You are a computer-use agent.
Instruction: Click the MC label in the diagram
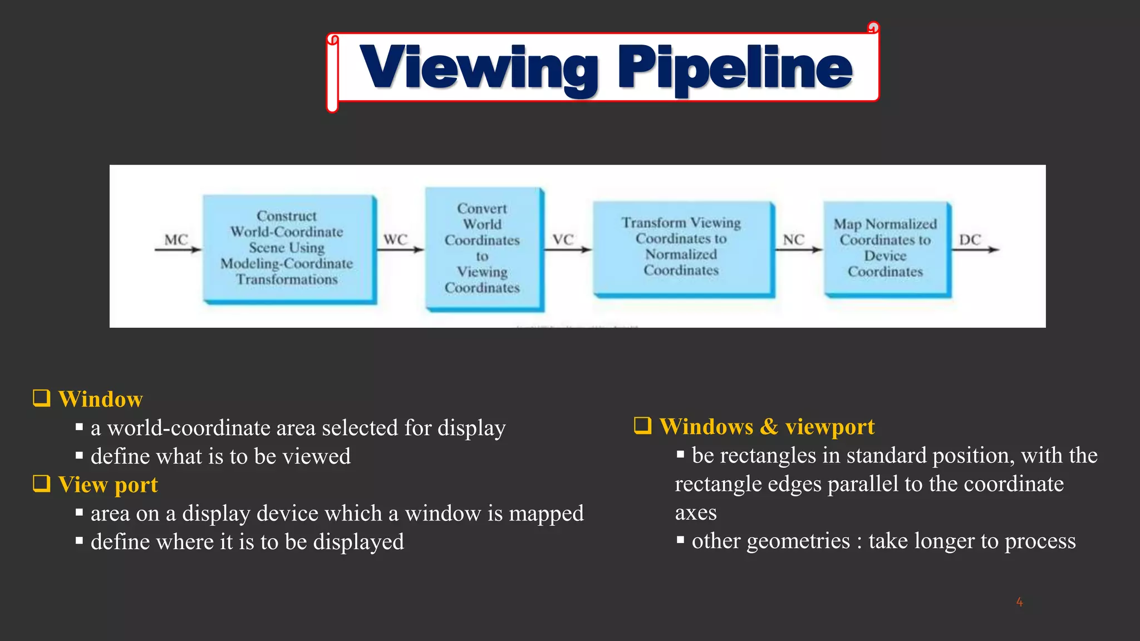coord(176,240)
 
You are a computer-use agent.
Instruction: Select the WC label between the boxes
coord(395,240)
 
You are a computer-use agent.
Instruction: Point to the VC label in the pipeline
coord(563,240)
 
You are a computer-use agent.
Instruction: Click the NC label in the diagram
coord(793,240)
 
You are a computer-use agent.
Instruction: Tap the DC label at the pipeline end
coord(970,240)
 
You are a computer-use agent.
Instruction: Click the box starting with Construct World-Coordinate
coord(288,248)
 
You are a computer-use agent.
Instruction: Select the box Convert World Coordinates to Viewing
coord(483,248)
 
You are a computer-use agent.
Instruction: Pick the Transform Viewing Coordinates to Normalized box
coord(682,248)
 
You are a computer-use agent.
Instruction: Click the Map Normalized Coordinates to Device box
coord(886,248)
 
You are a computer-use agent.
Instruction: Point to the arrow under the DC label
coord(975,250)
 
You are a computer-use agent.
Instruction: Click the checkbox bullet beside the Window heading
coord(42,398)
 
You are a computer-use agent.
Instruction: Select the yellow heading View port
coord(108,485)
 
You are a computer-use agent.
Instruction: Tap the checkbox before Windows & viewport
coord(643,426)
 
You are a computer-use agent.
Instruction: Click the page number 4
coord(1019,601)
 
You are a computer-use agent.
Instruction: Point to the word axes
coord(696,513)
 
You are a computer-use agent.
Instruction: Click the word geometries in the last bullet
coord(798,541)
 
